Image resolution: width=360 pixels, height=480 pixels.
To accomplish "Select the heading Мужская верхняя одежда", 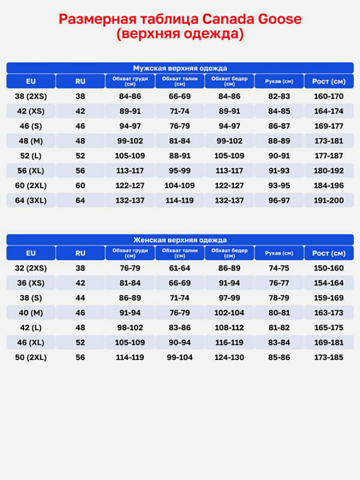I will pyautogui.click(x=180, y=68).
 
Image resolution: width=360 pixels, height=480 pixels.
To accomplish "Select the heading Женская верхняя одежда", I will pyautogui.click(x=180, y=240).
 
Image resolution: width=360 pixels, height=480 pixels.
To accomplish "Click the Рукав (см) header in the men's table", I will pyautogui.click(x=279, y=81).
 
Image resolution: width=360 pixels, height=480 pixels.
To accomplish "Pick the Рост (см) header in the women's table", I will pyautogui.click(x=329, y=253).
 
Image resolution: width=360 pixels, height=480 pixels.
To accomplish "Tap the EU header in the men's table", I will pyautogui.click(x=31, y=81).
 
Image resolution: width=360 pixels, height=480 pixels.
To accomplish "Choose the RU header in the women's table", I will pyautogui.click(x=81, y=253).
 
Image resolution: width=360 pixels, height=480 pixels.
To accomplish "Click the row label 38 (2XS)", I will pyautogui.click(x=31, y=96).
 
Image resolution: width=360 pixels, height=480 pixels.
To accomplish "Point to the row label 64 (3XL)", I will pyautogui.click(x=31, y=200).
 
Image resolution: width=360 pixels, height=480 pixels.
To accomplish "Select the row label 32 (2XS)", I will pyautogui.click(x=31, y=268).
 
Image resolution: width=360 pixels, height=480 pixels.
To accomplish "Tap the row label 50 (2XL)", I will pyautogui.click(x=31, y=357).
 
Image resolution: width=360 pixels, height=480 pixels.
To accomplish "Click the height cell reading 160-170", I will pyautogui.click(x=329, y=96).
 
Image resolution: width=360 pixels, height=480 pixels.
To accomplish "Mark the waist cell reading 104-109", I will pyautogui.click(x=180, y=186).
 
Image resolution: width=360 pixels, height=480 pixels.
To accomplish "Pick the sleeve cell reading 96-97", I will pyautogui.click(x=279, y=200).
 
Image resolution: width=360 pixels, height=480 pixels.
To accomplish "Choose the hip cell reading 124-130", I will pyautogui.click(x=229, y=357).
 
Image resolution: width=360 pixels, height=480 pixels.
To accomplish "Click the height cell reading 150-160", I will pyautogui.click(x=329, y=268).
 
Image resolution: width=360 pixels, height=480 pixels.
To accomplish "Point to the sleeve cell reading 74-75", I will pyautogui.click(x=279, y=268).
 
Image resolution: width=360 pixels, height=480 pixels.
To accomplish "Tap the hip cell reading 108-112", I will pyautogui.click(x=229, y=328).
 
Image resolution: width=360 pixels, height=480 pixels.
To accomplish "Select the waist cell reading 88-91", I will pyautogui.click(x=180, y=156).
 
